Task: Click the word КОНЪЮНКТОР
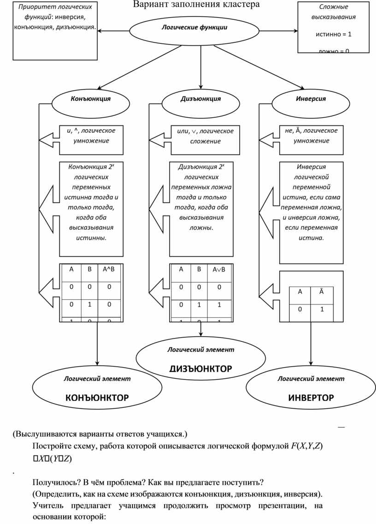pyautogui.click(x=97, y=397)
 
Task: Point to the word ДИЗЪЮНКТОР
pyautogui.click(x=200, y=369)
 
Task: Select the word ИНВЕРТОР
pyautogui.click(x=311, y=397)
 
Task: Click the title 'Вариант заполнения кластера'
pyautogui.click(x=196, y=5)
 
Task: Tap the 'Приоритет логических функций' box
pyautogui.click(x=55, y=30)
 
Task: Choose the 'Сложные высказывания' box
pyautogui.click(x=334, y=28)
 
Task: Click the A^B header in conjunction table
pyautogui.click(x=108, y=269)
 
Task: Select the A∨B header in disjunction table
pyautogui.click(x=219, y=269)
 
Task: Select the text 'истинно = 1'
pyautogui.click(x=333, y=34)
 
